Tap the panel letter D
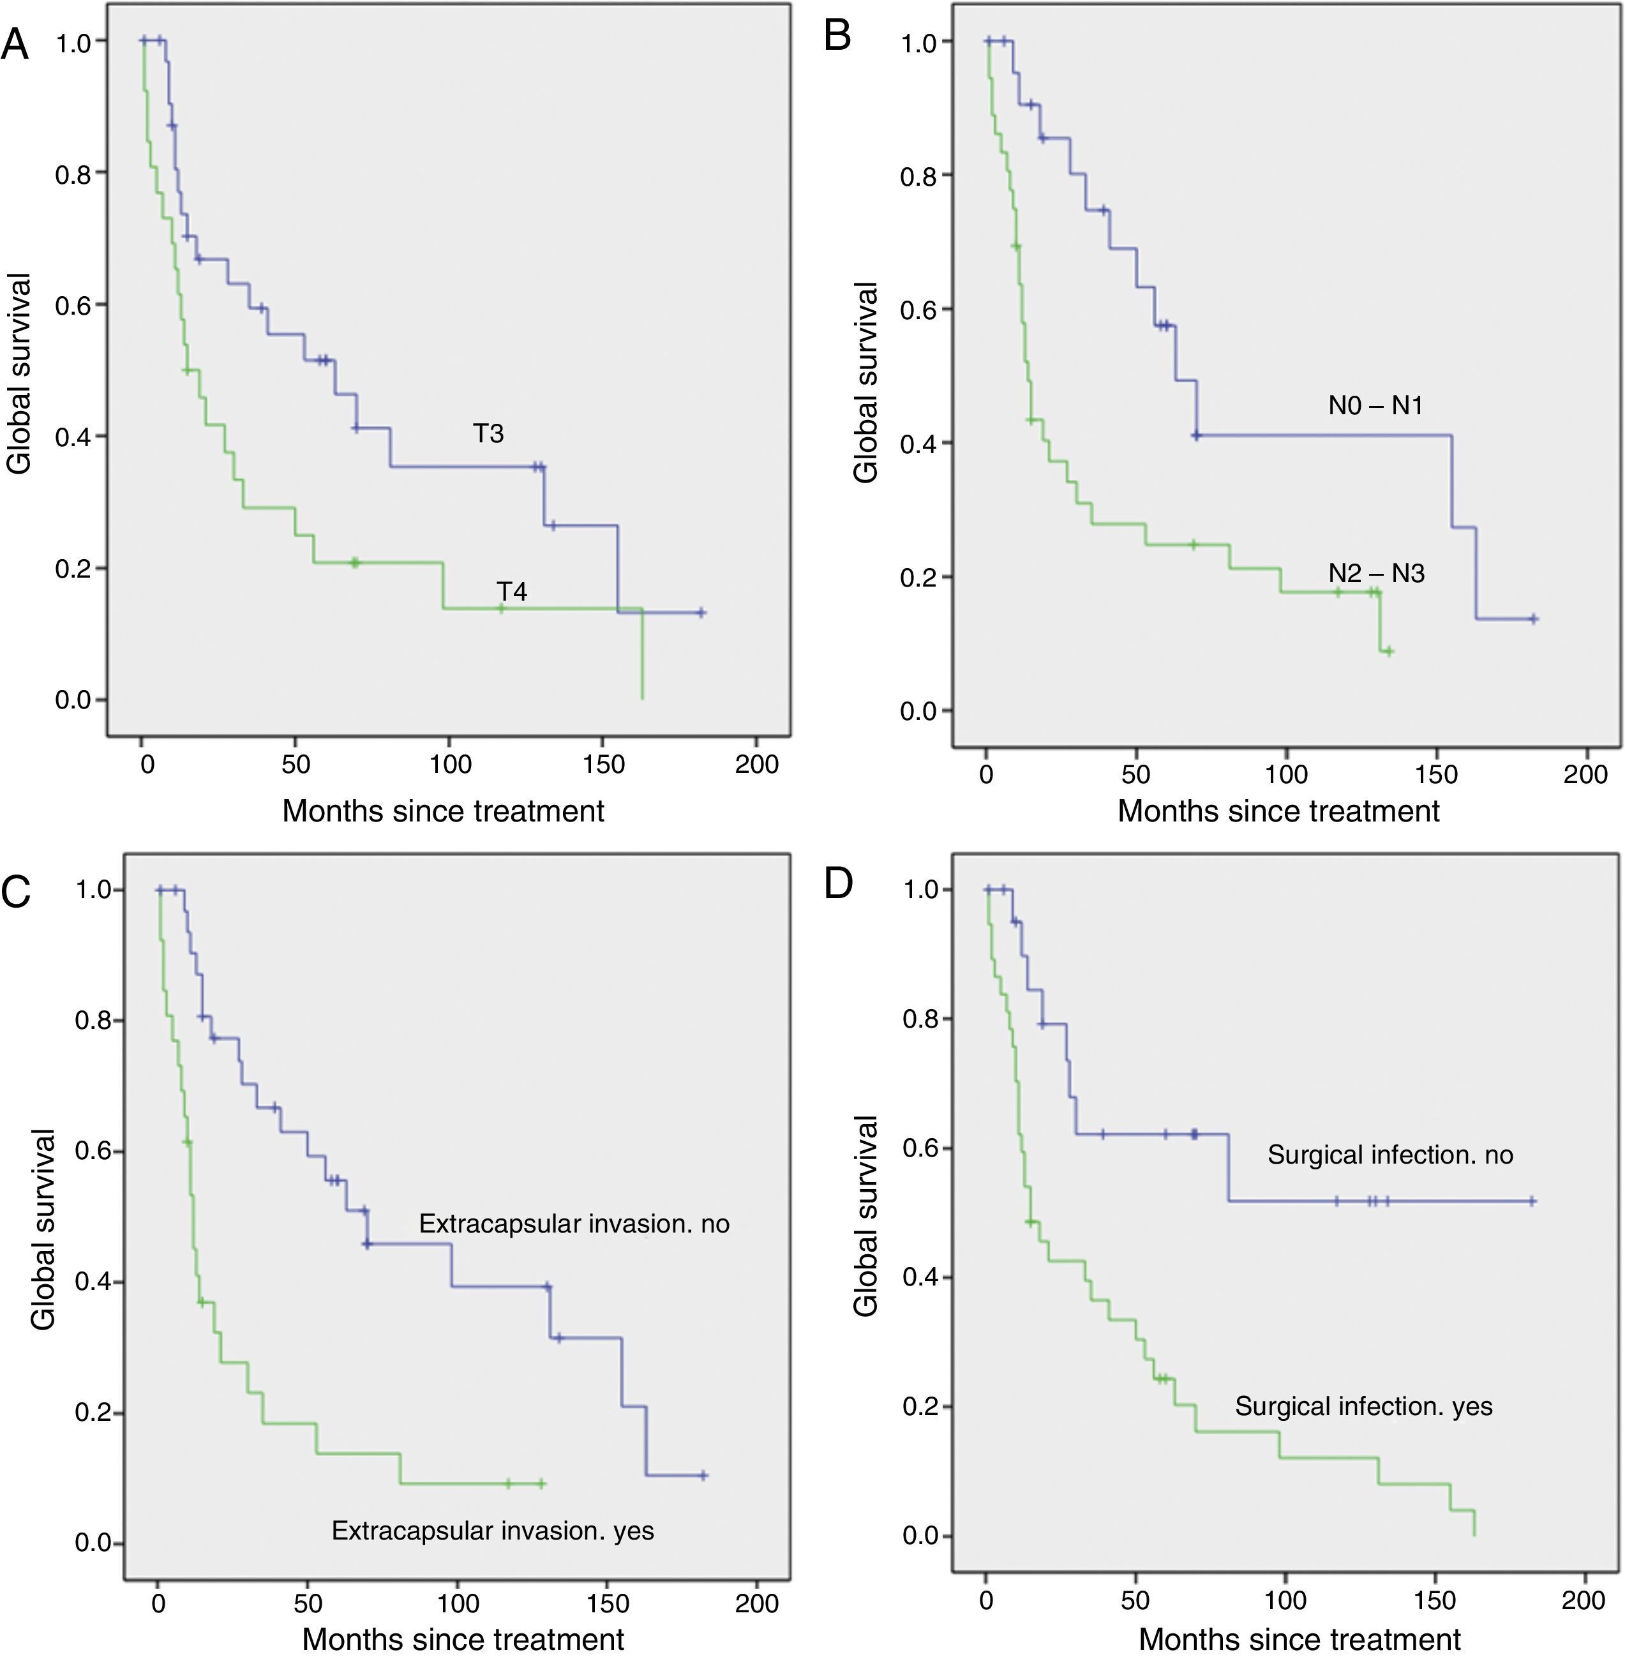837,885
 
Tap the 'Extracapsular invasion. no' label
574,1224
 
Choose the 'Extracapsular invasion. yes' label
493,1531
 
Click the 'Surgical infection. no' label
1389,1155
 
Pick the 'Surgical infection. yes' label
1363,1406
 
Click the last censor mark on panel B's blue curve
1533,619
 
